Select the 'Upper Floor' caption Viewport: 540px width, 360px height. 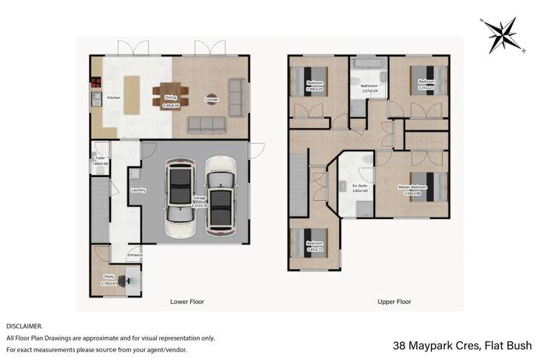pyautogui.click(x=394, y=302)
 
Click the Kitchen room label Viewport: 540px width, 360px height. pyautogui.click(x=114, y=97)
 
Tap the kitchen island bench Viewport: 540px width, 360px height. pyautogui.click(x=132, y=94)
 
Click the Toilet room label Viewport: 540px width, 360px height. pyautogui.click(x=99, y=160)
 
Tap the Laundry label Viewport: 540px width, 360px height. pyautogui.click(x=139, y=190)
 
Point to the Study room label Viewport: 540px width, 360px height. pyautogui.click(x=109, y=276)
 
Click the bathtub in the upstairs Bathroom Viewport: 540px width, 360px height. pyautogui.click(x=368, y=66)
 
